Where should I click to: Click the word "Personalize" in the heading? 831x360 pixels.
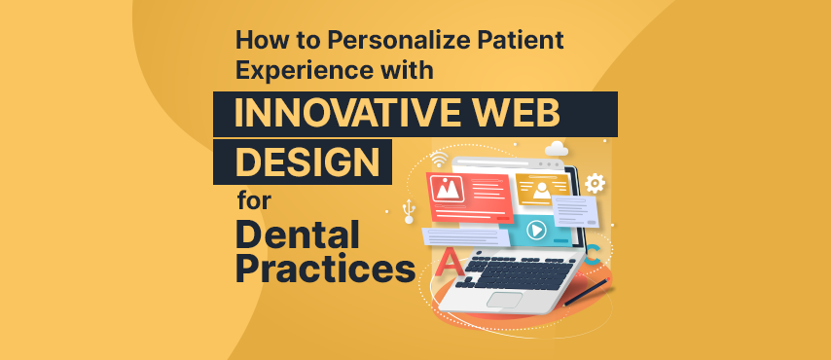click(x=405, y=42)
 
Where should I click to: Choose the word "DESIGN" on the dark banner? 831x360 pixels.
click(x=307, y=162)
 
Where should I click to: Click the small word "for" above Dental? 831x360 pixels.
click(x=254, y=202)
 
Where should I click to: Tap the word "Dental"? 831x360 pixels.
click(x=298, y=234)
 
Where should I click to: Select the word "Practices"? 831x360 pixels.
click(x=325, y=268)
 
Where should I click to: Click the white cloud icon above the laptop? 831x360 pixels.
click(x=556, y=149)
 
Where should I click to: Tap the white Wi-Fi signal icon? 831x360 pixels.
click(x=439, y=159)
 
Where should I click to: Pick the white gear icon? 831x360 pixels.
click(x=595, y=184)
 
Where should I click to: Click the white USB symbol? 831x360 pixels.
click(x=409, y=211)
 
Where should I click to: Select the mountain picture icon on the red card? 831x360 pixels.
click(x=448, y=189)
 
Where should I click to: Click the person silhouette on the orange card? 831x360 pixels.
click(x=541, y=191)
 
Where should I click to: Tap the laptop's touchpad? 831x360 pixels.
click(x=504, y=299)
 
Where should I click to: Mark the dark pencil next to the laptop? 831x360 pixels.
click(x=586, y=292)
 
